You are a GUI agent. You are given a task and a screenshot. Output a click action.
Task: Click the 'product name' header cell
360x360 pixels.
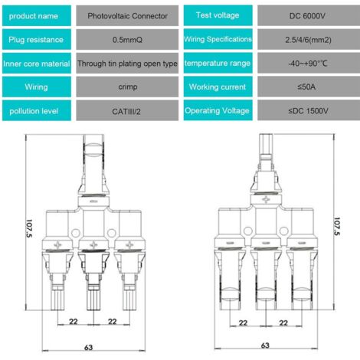(x=37, y=16)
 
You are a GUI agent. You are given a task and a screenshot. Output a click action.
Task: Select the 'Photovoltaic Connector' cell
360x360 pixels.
(x=127, y=16)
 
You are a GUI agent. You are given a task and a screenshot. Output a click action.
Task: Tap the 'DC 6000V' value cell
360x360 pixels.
(x=309, y=16)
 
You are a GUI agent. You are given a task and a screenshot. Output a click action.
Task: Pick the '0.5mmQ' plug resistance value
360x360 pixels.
(x=127, y=40)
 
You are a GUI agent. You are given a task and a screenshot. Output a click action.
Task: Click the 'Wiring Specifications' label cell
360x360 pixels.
(x=218, y=39)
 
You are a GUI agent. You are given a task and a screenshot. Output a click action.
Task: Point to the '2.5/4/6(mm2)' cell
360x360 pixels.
(x=309, y=40)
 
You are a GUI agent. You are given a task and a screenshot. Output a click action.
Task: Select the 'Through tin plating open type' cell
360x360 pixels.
(x=127, y=64)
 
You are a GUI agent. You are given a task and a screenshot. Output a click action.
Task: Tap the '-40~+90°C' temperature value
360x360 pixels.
(x=309, y=64)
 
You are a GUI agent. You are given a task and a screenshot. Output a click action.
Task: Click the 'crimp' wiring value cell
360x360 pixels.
(x=127, y=87)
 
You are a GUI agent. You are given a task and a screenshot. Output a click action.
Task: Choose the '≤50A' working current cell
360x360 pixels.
(x=309, y=87)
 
